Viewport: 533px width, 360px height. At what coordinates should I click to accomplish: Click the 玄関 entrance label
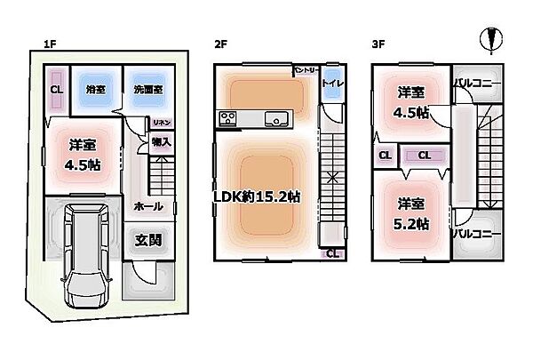tap(147, 239)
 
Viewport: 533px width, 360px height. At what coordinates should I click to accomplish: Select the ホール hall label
tap(147, 205)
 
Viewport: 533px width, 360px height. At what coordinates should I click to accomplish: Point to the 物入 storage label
tap(161, 140)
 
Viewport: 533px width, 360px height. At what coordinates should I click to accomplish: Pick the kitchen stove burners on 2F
tap(227, 119)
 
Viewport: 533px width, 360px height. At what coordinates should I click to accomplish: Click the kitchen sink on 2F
tap(275, 119)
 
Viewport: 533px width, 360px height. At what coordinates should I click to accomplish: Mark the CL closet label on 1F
tap(56, 90)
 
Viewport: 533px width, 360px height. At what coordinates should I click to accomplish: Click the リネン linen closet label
tap(161, 123)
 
